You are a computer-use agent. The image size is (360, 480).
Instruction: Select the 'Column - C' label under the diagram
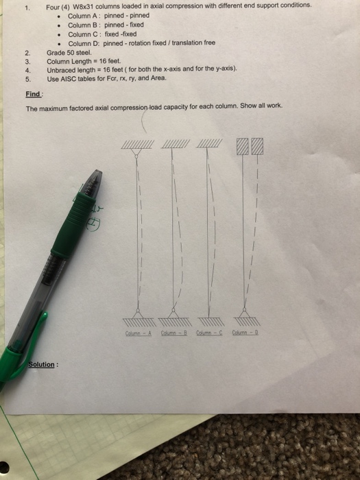tap(208, 334)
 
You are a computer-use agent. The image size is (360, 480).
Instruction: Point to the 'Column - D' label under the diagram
tap(244, 334)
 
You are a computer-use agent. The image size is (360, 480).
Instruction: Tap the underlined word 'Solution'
tap(42, 364)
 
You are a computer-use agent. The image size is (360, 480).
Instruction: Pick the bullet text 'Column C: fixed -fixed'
tap(102, 34)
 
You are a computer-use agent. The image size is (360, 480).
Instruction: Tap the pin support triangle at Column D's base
tap(244, 315)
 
